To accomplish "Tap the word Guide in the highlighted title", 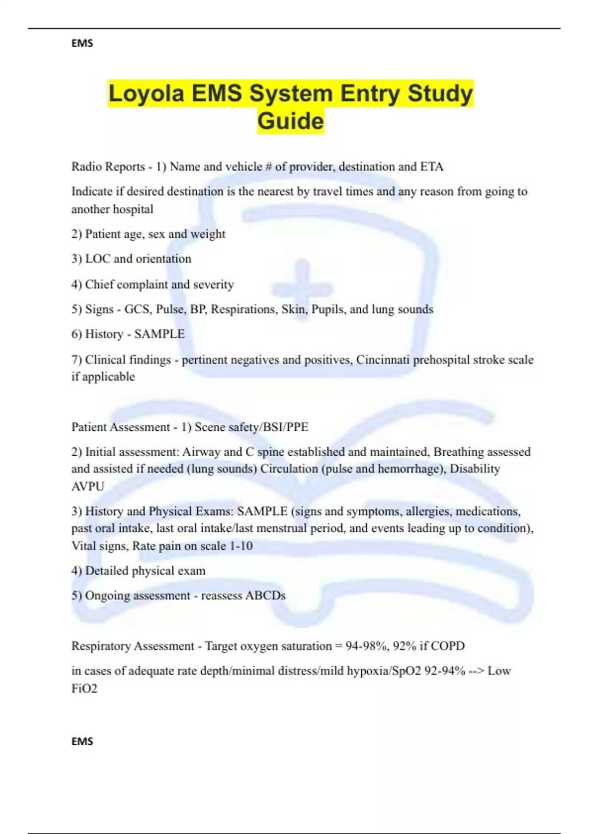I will point(291,121).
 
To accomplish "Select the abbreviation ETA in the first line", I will point(432,167).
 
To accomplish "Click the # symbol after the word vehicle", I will point(268,167).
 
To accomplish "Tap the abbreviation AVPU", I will point(88,486).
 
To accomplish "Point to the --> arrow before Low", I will point(476,671).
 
